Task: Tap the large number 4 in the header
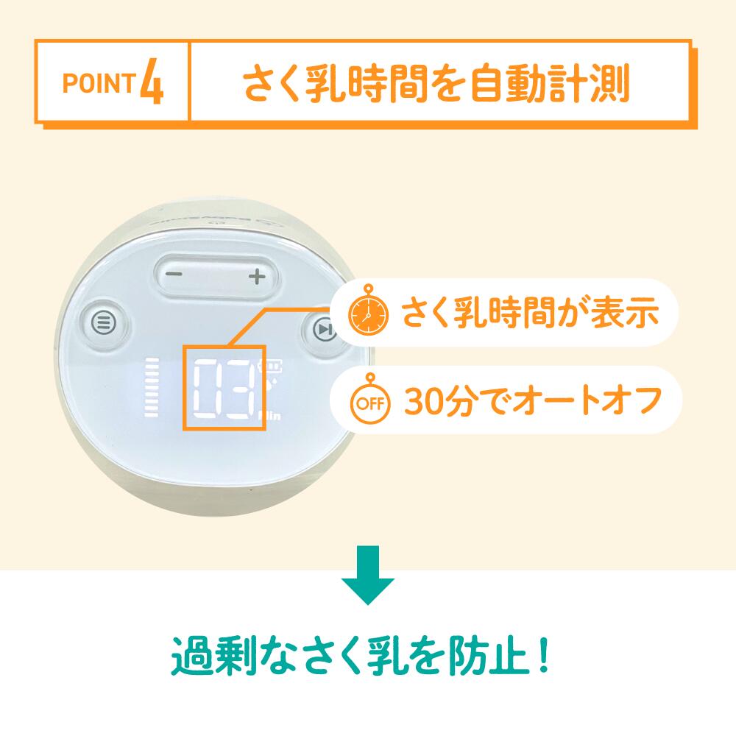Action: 152,82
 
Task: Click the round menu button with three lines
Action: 104,323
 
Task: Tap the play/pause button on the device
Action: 324,329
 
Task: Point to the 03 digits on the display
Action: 224,389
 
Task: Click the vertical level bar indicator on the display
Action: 151,388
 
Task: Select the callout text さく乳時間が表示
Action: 531,312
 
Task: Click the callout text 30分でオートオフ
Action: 533,401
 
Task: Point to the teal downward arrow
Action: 367,575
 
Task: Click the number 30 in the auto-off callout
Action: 425,401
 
